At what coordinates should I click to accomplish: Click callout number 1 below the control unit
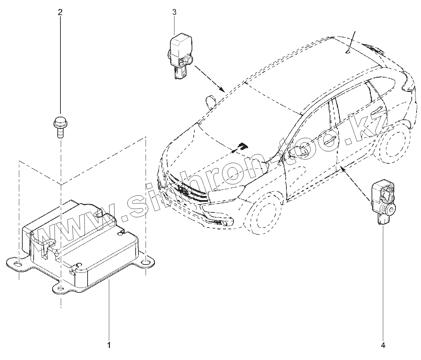pyautogui.click(x=109, y=345)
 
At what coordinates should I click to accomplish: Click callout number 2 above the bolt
pyautogui.click(x=60, y=12)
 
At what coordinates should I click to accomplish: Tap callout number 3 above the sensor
pyautogui.click(x=174, y=12)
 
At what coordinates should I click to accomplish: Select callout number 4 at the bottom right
pyautogui.click(x=383, y=345)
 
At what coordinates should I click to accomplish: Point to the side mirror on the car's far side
pyautogui.click(x=209, y=101)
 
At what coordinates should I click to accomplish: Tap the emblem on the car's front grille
pyautogui.click(x=182, y=189)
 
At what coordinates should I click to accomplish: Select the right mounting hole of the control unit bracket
pyautogui.click(x=147, y=262)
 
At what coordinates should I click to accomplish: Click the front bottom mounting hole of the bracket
pyautogui.click(x=60, y=289)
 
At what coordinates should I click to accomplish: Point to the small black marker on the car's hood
pyautogui.click(x=243, y=146)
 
